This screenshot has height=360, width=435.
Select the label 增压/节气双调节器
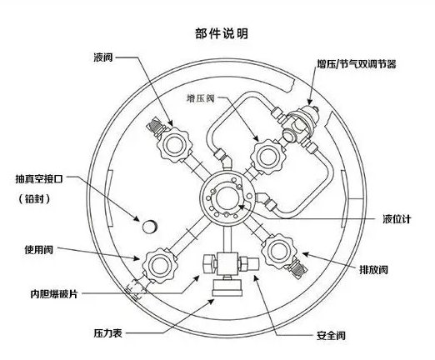357,63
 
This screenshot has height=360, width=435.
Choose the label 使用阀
42,249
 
